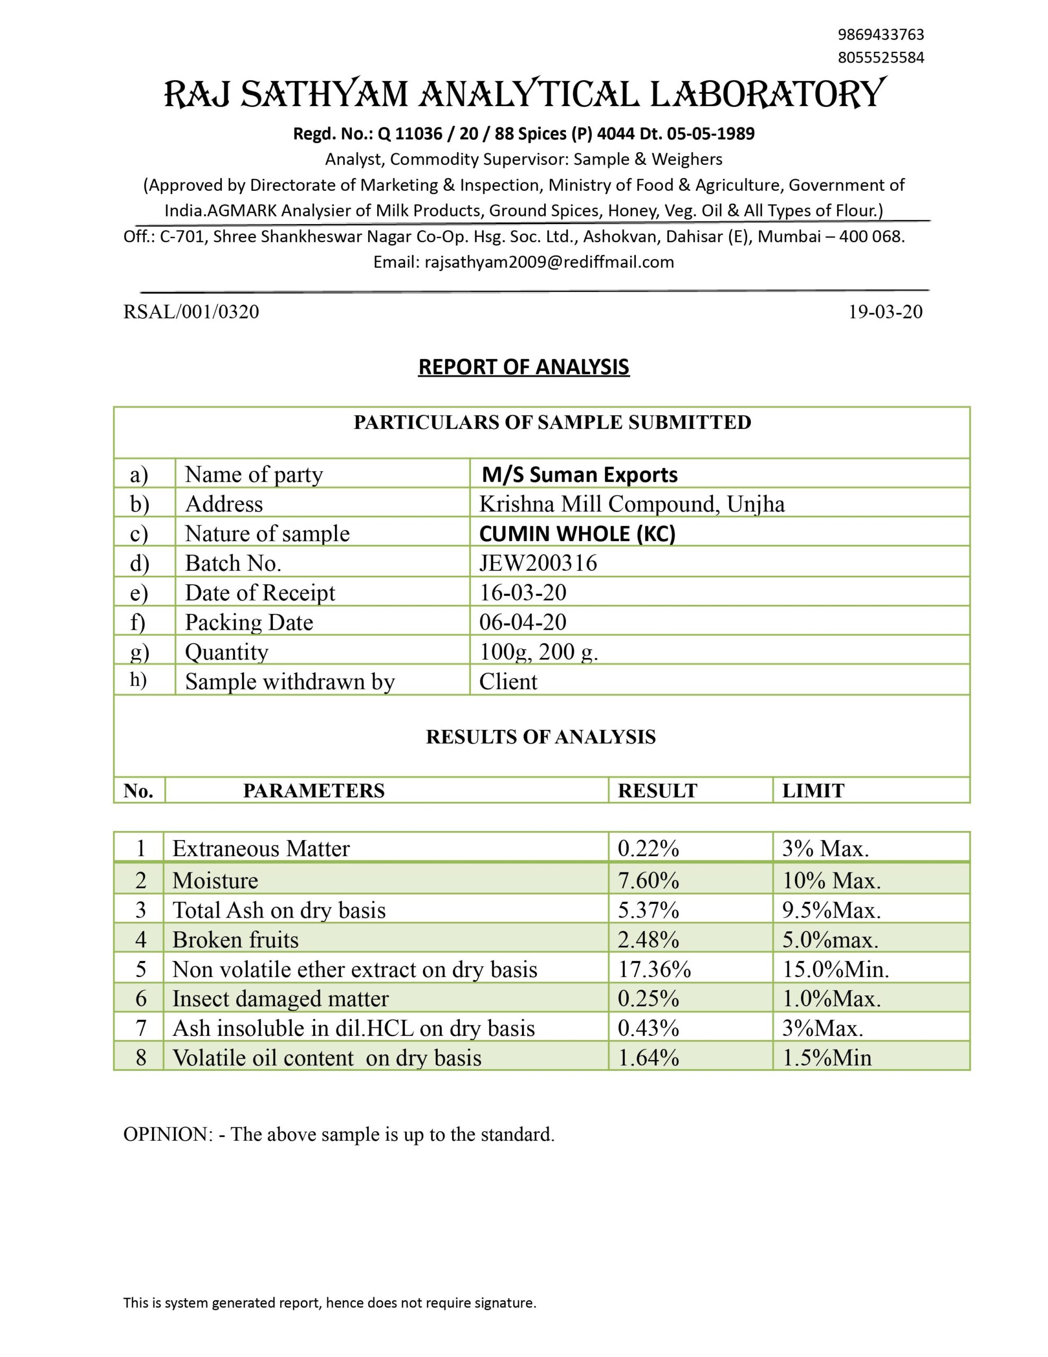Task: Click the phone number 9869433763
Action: point(880,34)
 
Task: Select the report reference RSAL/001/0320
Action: point(191,312)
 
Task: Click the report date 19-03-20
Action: point(885,312)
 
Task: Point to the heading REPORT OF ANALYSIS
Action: point(523,367)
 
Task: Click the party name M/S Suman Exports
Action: point(580,475)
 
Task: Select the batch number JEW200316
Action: point(538,563)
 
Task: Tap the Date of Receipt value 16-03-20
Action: point(522,593)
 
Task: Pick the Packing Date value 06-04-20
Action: point(522,622)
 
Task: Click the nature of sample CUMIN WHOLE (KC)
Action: point(577,534)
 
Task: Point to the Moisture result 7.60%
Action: point(648,880)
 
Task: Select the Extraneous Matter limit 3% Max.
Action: point(825,849)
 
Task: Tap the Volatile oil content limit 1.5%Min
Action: point(826,1058)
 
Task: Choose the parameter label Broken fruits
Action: point(235,939)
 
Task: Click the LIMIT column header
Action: point(813,791)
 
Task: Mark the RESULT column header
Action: point(658,791)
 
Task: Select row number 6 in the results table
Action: point(141,999)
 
